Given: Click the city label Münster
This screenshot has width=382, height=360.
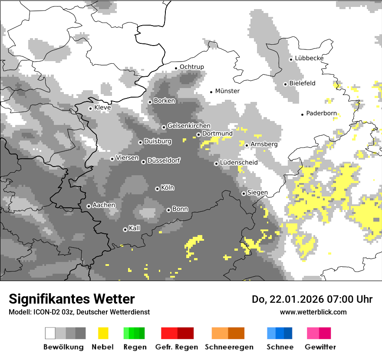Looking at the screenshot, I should (x=227, y=91).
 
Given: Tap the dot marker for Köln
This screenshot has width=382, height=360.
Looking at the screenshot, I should (x=157, y=189).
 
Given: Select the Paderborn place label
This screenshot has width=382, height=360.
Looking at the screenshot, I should (x=321, y=114).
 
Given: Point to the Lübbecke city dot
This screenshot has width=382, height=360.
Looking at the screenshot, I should (x=291, y=59).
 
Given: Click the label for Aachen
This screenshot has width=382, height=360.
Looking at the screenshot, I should (x=104, y=205).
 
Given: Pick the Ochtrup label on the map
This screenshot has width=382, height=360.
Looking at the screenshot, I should (x=191, y=67).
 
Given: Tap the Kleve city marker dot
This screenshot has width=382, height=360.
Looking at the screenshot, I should (x=90, y=108).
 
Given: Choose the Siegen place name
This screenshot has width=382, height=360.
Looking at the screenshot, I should (x=257, y=193).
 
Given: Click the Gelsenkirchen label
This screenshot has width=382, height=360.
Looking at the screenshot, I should (x=189, y=126).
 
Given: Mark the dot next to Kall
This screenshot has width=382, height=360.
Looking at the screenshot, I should (x=125, y=229).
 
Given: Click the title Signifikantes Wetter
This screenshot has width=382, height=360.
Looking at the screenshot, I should (x=72, y=299).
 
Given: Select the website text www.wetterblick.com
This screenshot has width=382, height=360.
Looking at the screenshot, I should (x=313, y=312).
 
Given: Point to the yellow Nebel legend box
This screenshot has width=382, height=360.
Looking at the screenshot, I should (x=103, y=333).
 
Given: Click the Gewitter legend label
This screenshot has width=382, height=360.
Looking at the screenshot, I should (x=320, y=347).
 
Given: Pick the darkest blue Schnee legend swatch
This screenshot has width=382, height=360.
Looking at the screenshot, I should (x=288, y=333).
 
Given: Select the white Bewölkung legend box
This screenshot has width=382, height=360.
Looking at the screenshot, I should (x=50, y=333).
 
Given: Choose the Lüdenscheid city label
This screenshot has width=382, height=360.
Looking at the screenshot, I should (x=239, y=163).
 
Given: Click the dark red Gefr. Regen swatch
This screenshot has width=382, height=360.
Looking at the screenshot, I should (x=185, y=333).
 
